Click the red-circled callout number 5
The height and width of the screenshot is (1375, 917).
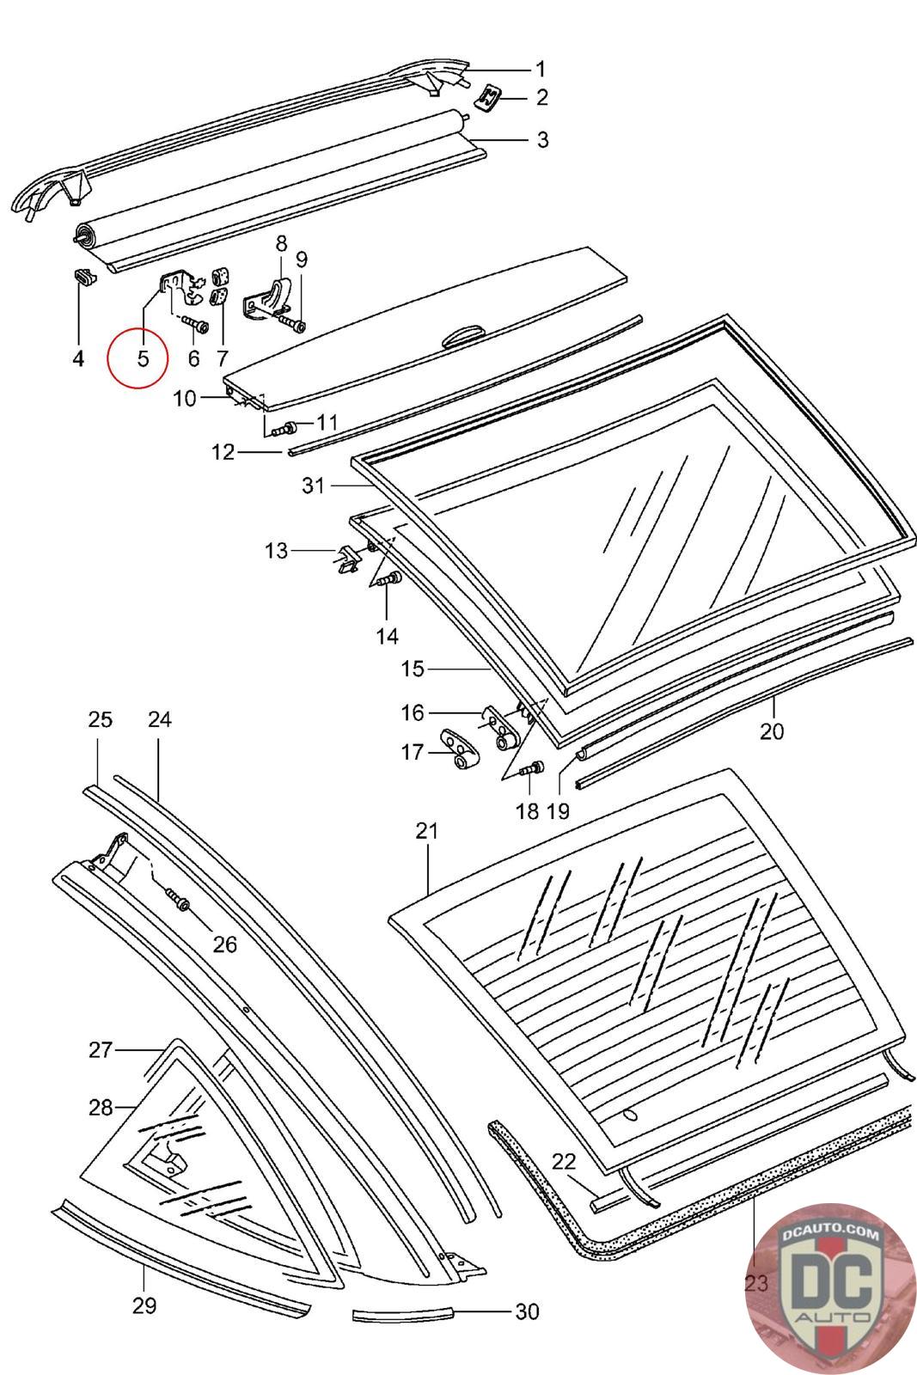(143, 357)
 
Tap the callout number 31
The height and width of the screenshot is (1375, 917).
(314, 486)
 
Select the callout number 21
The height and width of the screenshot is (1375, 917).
(426, 831)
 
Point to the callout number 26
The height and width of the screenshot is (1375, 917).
(224, 944)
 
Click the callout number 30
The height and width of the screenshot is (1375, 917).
(527, 1311)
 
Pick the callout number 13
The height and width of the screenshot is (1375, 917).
(276, 550)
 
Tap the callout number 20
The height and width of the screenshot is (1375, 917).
(772, 731)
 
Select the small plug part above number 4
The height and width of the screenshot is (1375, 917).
(82, 277)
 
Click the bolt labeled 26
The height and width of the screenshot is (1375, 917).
(179, 902)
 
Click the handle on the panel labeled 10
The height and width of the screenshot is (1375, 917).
(463, 336)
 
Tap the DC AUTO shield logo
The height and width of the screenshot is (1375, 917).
(830, 1289)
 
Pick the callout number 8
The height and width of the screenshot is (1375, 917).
(281, 243)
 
